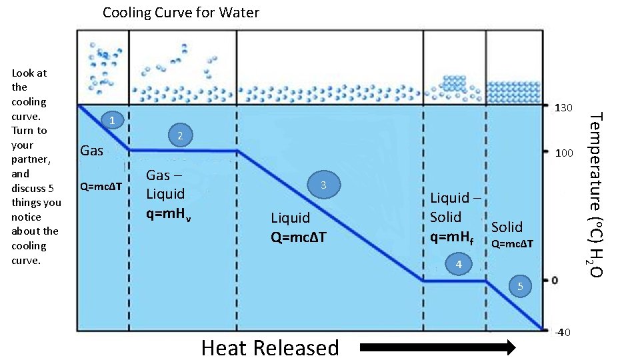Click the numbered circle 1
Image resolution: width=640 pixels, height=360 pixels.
pos(113,121)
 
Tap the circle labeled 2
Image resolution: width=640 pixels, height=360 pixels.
pos(180,136)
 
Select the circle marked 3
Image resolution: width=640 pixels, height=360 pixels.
pos(323,185)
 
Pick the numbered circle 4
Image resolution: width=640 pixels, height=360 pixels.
pos(458,265)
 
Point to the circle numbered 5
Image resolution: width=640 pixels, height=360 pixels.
pos(521,287)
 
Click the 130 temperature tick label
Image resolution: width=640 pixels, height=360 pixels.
pos(565,107)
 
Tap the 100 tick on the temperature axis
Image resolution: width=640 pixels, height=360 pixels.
pos(565,153)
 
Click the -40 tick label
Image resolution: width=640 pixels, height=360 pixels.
pos(563,332)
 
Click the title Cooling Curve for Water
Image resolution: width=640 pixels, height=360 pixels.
pos(181,13)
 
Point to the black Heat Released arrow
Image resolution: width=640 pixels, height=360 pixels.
pos(437,347)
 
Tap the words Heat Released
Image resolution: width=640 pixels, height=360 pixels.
pos(270,347)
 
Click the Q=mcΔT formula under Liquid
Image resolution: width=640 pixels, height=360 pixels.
pos(298,237)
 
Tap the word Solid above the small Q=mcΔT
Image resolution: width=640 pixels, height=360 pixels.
pos(507,227)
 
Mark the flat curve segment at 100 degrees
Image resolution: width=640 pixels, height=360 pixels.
pos(182,151)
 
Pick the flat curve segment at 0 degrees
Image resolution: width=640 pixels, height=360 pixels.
pos(455,281)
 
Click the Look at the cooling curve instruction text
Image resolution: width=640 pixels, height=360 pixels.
pos(35,166)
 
